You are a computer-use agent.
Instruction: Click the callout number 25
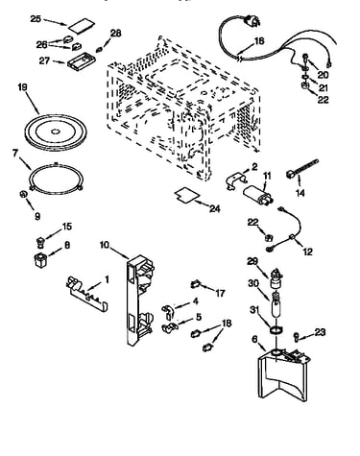click(x=36, y=19)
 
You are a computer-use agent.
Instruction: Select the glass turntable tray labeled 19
click(x=56, y=131)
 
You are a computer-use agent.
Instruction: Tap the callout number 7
click(x=15, y=153)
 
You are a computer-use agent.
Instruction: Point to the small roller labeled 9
click(x=23, y=194)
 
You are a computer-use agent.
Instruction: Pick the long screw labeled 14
click(x=301, y=168)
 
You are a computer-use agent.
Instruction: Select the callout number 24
click(x=215, y=208)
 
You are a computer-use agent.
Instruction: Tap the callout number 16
click(x=259, y=41)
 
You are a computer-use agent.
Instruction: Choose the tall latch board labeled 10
click(x=139, y=300)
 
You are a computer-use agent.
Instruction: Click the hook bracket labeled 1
click(x=86, y=294)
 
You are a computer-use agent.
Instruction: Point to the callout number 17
click(x=220, y=293)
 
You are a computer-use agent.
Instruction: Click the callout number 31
click(x=254, y=310)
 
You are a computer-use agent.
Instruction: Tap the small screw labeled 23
click(x=296, y=336)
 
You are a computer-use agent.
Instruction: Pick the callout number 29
click(x=252, y=261)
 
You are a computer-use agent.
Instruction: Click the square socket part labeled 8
click(x=40, y=259)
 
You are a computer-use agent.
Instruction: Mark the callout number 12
click(x=307, y=252)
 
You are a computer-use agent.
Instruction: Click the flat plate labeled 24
click(x=186, y=195)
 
